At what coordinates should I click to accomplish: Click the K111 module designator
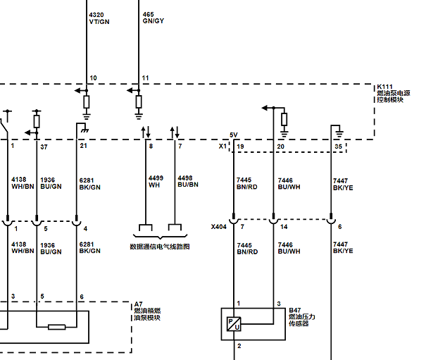coord(384,87)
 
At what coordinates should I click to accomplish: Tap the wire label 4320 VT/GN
coord(99,18)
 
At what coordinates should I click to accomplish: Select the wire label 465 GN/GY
coord(154,18)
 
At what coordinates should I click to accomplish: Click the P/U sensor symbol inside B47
coord(234,324)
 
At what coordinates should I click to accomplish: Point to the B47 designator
coord(295,310)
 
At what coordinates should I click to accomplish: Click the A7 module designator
coord(138,304)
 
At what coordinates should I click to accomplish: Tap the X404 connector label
coord(219,227)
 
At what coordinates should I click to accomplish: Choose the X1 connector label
coord(223,147)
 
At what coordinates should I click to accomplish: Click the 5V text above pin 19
coord(234,135)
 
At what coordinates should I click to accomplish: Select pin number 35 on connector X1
coord(338,147)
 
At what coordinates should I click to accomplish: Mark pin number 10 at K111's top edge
coord(93,78)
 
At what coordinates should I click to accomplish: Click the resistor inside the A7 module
coord(57,327)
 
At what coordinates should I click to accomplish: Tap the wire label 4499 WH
coord(156,182)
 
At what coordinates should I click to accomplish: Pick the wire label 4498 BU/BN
coord(188,181)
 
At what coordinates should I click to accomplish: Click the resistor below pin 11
coord(139,101)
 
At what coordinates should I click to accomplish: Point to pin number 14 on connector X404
coord(284,227)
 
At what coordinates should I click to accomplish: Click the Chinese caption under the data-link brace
coord(160,247)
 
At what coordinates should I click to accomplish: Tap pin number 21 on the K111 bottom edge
coord(83,146)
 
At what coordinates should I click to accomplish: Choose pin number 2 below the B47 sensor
coord(239,346)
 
